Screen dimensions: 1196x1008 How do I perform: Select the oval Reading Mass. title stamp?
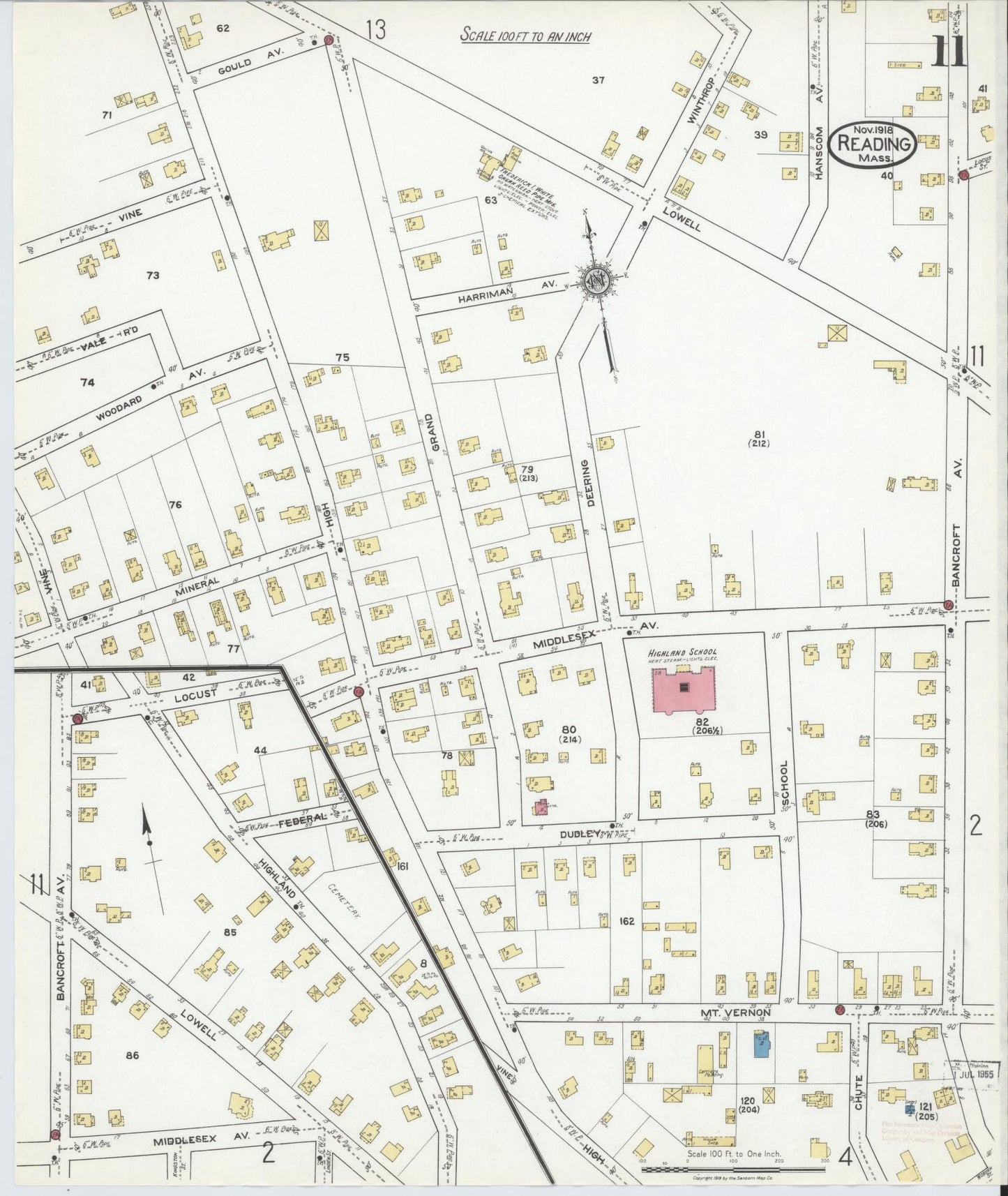click(x=875, y=145)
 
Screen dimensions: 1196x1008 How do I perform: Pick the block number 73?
click(x=153, y=276)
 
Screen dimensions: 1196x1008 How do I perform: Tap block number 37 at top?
click(x=598, y=80)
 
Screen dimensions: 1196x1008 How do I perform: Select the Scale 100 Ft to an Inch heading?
click(x=525, y=36)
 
